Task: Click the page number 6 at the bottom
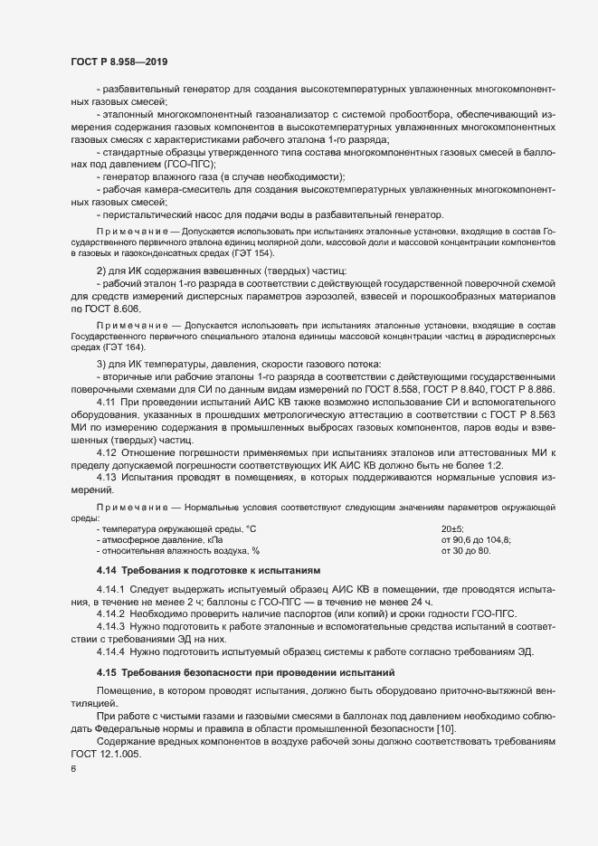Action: pyautogui.click(x=72, y=769)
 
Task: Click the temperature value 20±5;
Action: pyautogui.click(x=452, y=528)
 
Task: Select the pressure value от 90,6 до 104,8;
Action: pyautogui.click(x=476, y=538)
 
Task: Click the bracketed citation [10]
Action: pyautogui.click(x=449, y=729)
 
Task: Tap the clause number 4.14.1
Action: pyautogui.click(x=111, y=588)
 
